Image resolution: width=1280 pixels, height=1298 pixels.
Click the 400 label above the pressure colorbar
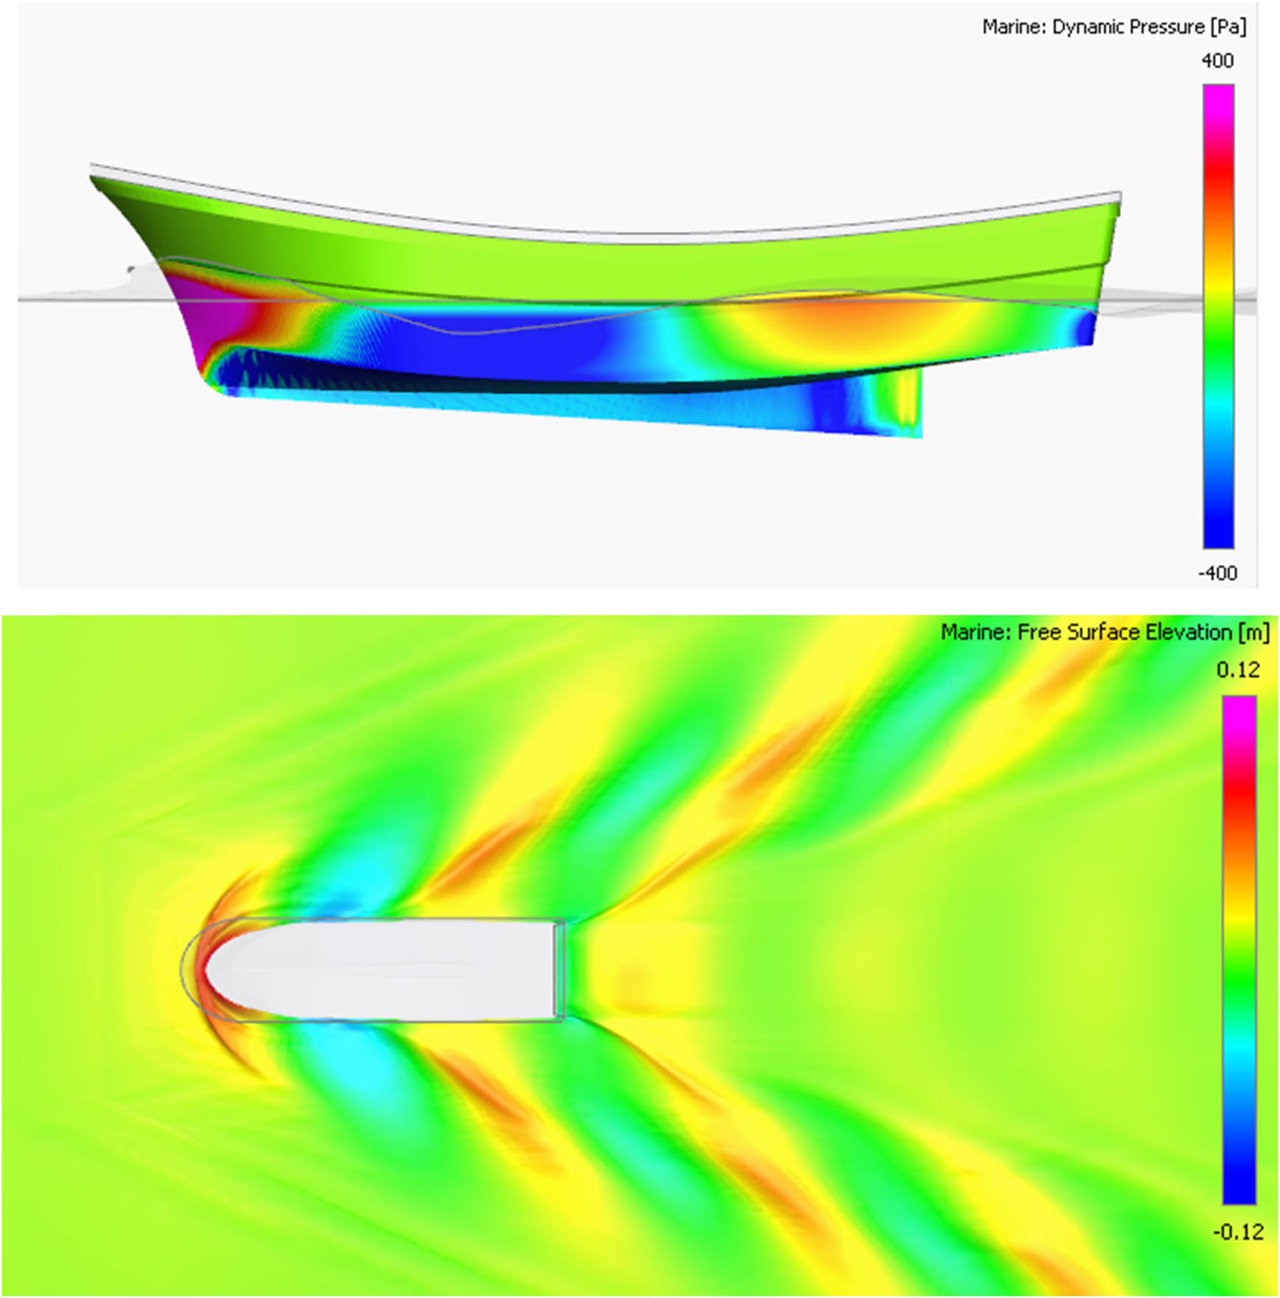pos(1217,61)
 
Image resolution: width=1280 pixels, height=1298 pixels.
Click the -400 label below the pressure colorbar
pos(1217,573)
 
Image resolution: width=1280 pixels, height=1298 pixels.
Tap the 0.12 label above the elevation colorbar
pos(1238,670)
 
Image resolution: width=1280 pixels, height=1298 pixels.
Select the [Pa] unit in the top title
pos(1228,27)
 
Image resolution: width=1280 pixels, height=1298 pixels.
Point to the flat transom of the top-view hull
pos(559,970)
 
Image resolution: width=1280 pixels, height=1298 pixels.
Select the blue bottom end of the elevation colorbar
pos(1239,1188)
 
